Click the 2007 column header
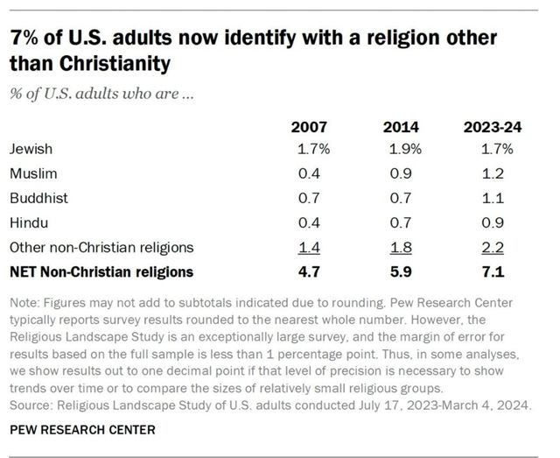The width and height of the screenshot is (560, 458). (310, 128)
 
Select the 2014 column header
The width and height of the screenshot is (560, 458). (401, 128)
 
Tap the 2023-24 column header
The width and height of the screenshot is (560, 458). (493, 128)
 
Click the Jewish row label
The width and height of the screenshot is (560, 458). (31, 150)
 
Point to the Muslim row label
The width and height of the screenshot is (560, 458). (32, 174)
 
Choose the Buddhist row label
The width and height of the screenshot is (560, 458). (38, 199)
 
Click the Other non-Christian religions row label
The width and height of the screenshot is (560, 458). (101, 248)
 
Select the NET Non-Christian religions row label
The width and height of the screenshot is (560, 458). (101, 271)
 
